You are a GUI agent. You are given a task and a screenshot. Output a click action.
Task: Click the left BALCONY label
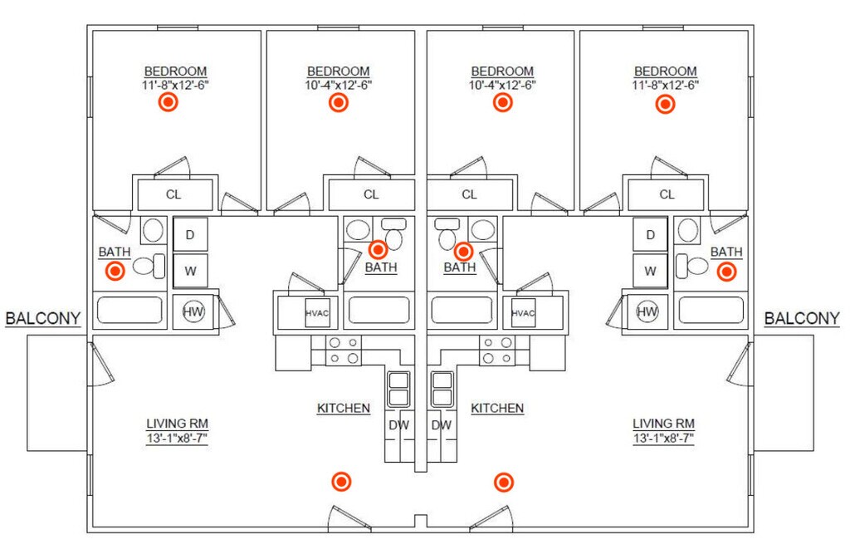[43, 317]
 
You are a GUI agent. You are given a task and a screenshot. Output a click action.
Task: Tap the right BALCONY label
[802, 317]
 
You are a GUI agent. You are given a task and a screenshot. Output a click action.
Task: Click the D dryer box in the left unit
[190, 234]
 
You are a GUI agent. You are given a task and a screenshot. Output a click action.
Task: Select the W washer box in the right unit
[650, 271]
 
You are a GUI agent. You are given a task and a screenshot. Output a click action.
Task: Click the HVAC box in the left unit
[317, 313]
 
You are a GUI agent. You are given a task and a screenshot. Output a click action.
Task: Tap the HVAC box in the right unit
[523, 313]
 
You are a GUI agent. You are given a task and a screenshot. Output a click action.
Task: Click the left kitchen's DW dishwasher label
[398, 425]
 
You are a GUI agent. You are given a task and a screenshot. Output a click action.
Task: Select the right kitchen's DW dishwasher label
[442, 425]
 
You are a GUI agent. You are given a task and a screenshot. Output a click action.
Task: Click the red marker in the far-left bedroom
[169, 102]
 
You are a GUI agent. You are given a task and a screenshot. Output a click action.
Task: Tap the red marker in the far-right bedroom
[665, 104]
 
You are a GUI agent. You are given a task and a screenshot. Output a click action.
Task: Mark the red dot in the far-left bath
[115, 271]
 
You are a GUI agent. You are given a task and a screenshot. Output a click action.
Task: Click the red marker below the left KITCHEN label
[340, 482]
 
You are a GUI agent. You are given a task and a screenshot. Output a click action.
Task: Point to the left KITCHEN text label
[343, 408]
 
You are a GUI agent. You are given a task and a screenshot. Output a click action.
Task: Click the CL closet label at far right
[667, 195]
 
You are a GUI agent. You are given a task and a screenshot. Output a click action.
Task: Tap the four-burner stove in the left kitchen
[344, 350]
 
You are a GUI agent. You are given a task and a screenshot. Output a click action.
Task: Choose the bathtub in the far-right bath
[711, 310]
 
